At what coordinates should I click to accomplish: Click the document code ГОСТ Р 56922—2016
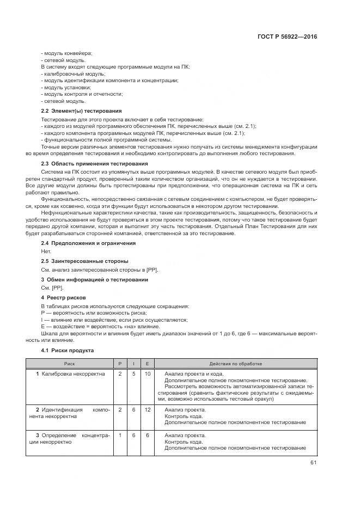pyautogui.click(x=286, y=37)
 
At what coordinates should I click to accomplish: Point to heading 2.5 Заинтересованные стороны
pyautogui.click(x=85, y=261)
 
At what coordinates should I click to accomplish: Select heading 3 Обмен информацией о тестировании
pyautogui.click(x=95, y=279)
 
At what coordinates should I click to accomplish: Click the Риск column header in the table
pyautogui.click(x=70, y=363)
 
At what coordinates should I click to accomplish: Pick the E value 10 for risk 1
pyautogui.click(x=147, y=374)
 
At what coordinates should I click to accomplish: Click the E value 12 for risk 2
pyautogui.click(x=147, y=409)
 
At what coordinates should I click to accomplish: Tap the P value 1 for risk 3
pyautogui.click(x=120, y=436)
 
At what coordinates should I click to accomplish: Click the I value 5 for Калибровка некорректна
pyautogui.click(x=133, y=374)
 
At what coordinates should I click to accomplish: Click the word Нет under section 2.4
pyautogui.click(x=46, y=252)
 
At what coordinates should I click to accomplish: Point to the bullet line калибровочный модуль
pyautogui.click(x=73, y=73)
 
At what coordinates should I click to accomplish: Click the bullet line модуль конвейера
pyautogui.click(x=66, y=53)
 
